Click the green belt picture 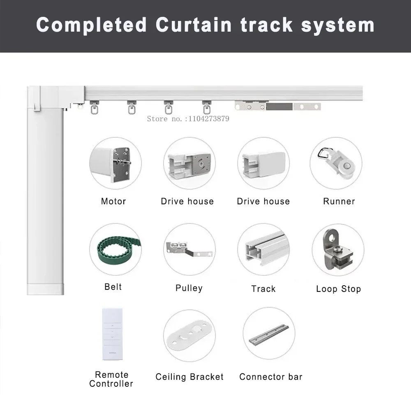point(113,250)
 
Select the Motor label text point(113,201)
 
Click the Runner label point(339,201)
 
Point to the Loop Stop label point(339,289)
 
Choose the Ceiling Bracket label point(189,377)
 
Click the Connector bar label point(271,377)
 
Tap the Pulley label point(189,288)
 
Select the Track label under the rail point(263,289)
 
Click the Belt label point(113,286)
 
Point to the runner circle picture point(336,163)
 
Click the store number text point(188,119)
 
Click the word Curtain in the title point(194,25)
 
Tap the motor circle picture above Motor point(115,163)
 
